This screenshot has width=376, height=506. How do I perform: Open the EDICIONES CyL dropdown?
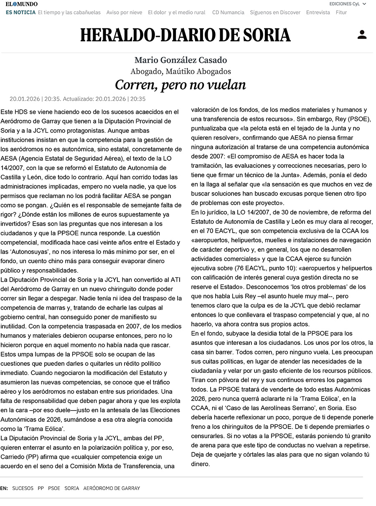point(347,4)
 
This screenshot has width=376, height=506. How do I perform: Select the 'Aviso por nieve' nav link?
point(124,13)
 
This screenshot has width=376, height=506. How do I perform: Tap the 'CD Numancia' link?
point(228,13)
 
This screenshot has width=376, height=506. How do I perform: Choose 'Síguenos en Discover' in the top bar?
point(275,13)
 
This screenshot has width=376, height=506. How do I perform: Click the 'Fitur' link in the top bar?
point(341,13)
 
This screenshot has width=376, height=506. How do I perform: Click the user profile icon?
point(362,35)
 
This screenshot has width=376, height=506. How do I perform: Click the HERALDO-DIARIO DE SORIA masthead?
point(185,35)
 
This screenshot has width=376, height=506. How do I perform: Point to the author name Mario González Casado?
point(180,60)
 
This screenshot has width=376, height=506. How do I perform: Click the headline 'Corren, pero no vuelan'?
point(180,85)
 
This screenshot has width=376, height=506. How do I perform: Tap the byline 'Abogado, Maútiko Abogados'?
point(180,72)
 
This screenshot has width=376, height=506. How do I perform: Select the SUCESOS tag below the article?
point(23,488)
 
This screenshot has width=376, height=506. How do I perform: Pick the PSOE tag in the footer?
point(54,488)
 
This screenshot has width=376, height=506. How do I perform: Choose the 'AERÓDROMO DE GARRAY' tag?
point(112,488)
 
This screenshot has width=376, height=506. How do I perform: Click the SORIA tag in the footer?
point(72,488)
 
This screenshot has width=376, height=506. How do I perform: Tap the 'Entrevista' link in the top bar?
point(318,13)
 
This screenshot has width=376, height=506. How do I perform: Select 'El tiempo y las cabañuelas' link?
point(69,13)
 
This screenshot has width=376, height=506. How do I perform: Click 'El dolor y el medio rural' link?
point(177,13)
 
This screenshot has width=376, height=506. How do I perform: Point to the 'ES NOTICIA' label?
point(20,13)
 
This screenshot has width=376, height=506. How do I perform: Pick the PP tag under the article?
point(41,488)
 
